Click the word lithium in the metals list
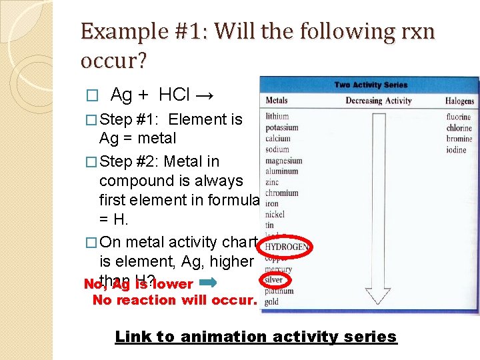277,116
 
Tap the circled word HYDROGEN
286,247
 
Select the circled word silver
273,280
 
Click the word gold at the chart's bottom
271,302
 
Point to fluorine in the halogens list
459,117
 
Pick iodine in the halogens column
457,149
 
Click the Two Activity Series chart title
370,85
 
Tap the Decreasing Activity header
378,101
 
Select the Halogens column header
459,101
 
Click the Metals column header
277,101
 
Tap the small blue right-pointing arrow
207,283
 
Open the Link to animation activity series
255,337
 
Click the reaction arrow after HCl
205,95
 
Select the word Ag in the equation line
121,95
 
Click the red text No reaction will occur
174,300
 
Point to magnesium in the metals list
283,160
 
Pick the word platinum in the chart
278,291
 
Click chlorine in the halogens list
459,127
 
